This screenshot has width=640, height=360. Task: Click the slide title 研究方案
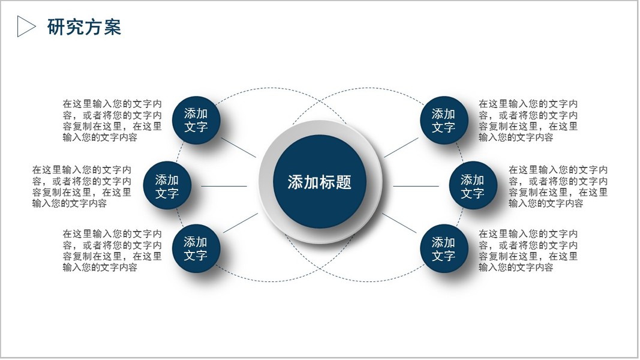click(x=84, y=27)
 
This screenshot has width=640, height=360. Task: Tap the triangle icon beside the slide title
click(x=26, y=26)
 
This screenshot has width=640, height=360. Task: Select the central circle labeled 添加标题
click(x=319, y=182)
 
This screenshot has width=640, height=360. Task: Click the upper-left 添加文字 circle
click(x=196, y=120)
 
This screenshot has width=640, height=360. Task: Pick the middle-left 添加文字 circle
click(x=167, y=186)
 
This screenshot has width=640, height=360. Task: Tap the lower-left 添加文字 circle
click(x=196, y=248)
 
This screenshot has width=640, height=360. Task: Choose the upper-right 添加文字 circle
click(x=444, y=120)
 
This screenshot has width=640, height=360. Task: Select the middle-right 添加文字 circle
click(x=473, y=186)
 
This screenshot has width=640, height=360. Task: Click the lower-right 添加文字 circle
click(x=444, y=249)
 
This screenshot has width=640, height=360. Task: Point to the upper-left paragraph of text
click(x=112, y=121)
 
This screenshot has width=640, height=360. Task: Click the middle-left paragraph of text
click(x=82, y=187)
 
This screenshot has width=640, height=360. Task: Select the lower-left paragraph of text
click(x=112, y=250)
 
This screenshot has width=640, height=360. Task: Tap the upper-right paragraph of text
click(x=528, y=121)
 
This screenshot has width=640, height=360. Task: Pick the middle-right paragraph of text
click(x=558, y=187)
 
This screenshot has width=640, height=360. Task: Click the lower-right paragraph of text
click(x=528, y=250)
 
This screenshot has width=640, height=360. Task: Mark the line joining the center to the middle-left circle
click(x=224, y=186)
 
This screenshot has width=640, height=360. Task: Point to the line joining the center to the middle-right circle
click(x=416, y=186)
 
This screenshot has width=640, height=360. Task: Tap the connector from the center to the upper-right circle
click(x=401, y=148)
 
